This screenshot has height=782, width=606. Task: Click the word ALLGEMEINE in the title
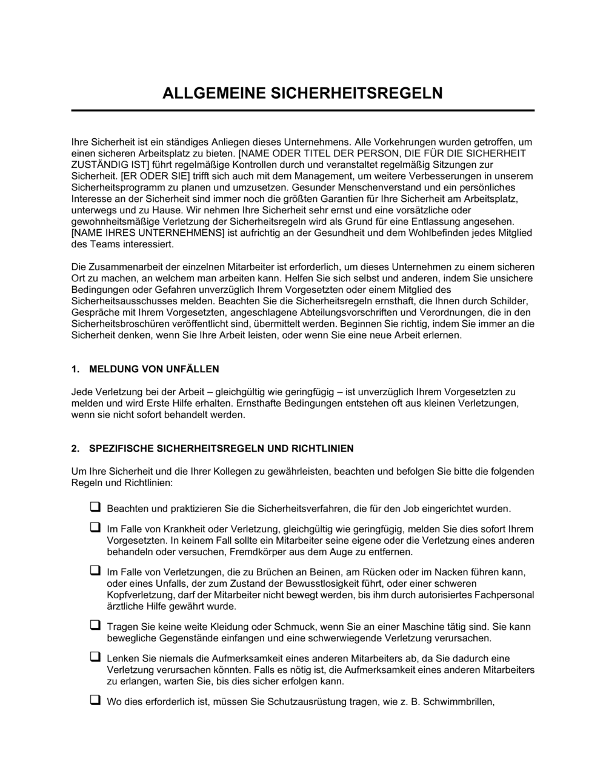pos(214,93)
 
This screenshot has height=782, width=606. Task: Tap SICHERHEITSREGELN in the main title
pos(356,93)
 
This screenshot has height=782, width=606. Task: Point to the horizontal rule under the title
pos(303,110)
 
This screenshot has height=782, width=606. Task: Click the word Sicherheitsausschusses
pos(118,301)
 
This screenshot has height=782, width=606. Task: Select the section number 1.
pos(75,369)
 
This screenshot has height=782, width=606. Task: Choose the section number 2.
pos(75,449)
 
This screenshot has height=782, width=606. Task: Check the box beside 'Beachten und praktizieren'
pos(95,507)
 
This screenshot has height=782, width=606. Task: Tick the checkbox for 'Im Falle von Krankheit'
pos(95,527)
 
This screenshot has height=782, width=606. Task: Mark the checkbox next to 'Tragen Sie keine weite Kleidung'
pos(95,624)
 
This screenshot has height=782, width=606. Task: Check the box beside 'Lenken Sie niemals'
pos(95,657)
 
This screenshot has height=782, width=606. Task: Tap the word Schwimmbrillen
pos(459,703)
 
